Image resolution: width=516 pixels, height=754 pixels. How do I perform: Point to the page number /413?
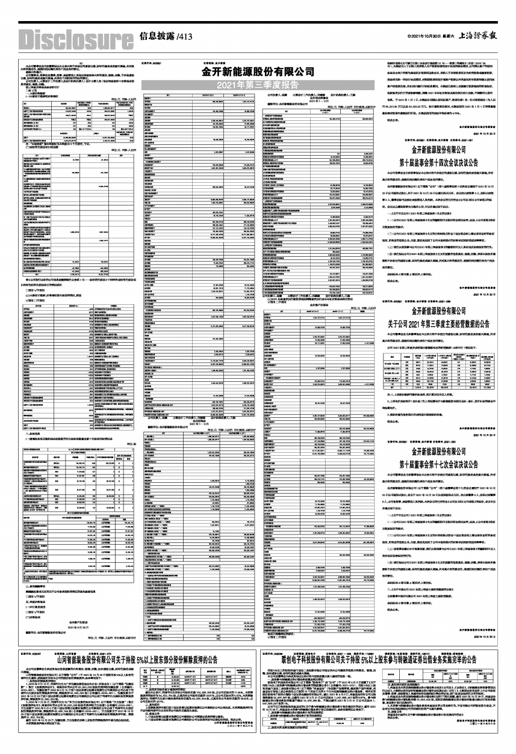184,36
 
